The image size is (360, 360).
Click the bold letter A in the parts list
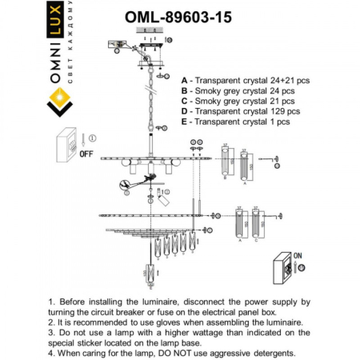coord(185,82)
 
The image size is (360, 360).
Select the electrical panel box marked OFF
coord(68,145)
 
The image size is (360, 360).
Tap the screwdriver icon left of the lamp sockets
coord(125,185)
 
